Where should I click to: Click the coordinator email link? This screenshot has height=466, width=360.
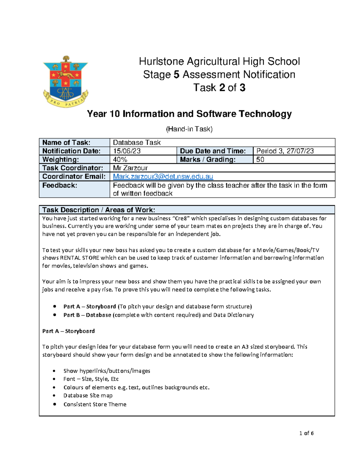pos(163,176)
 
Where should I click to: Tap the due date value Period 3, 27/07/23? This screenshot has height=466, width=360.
pos(285,151)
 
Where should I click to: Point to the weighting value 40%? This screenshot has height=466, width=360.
pos(120,159)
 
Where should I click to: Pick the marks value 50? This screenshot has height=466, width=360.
pos(260,159)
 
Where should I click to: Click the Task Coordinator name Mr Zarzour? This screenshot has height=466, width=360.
pos(130,168)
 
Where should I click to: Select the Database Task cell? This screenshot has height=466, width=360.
pos(137,143)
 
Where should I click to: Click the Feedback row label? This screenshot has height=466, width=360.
pos(60,185)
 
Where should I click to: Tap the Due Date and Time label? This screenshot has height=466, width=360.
pos(213,151)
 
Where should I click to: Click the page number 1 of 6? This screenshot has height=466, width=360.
pos(306,433)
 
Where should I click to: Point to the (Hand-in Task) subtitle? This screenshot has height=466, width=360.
pos(189,129)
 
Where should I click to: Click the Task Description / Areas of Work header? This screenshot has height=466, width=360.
pos(99,210)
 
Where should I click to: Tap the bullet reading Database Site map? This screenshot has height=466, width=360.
pos(88,395)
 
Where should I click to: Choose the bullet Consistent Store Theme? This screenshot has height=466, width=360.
pos(95,404)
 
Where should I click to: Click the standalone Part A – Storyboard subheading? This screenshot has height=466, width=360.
pos(68,331)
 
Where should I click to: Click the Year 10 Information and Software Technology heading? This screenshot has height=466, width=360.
pos(189,114)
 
